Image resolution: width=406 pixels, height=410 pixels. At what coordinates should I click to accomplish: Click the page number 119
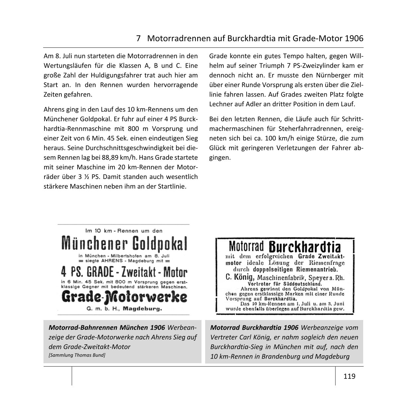pyautogui.click(x=349, y=376)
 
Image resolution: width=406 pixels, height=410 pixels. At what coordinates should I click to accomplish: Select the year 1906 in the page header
pyautogui.click(x=354, y=39)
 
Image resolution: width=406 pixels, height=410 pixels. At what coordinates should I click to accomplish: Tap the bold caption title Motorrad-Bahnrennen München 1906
pyautogui.click(x=107, y=328)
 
